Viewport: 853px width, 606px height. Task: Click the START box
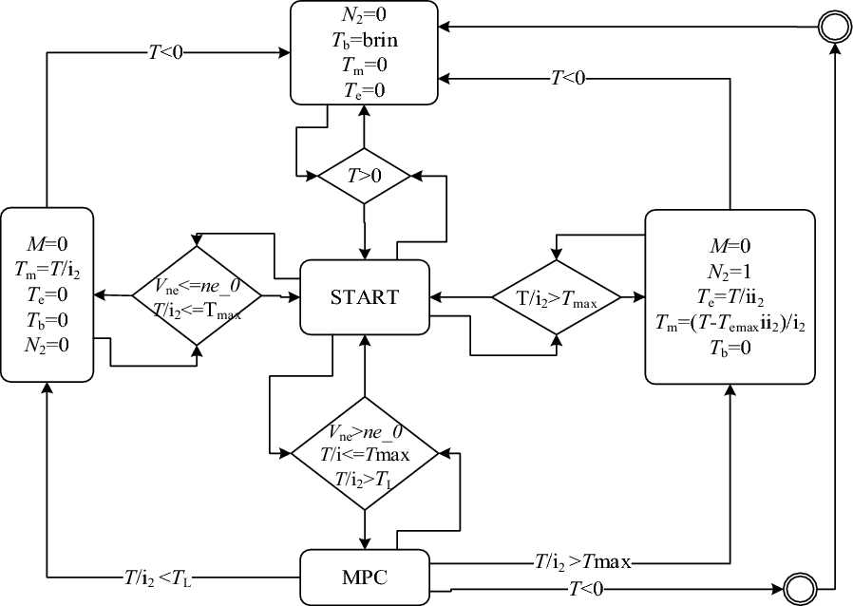(364, 295)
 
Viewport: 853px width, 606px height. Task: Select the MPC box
(364, 577)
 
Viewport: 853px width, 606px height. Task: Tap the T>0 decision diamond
(364, 176)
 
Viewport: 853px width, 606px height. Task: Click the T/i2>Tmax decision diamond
(556, 297)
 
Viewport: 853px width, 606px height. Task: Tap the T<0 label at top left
(167, 52)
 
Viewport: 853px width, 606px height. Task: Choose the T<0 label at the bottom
(586, 590)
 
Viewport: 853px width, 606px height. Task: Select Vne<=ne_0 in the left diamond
(199, 282)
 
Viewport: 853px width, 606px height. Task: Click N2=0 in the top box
(364, 16)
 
